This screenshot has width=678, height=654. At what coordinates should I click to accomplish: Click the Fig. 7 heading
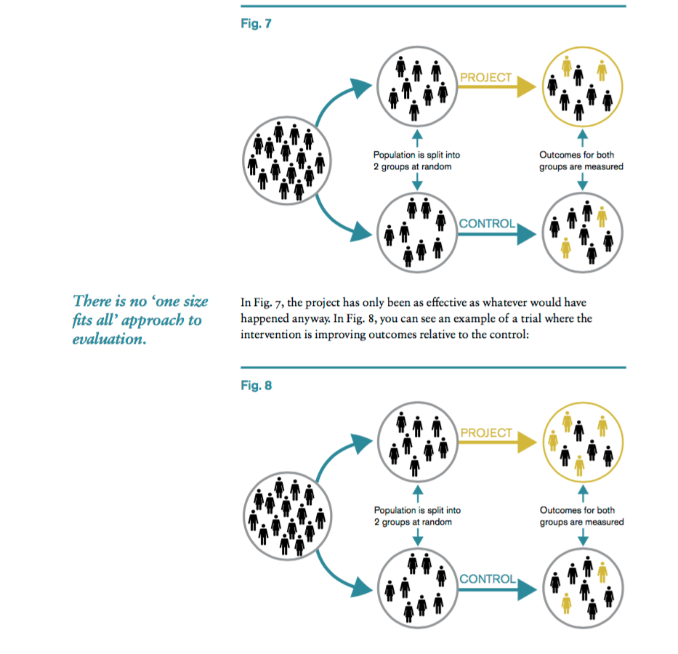point(256,23)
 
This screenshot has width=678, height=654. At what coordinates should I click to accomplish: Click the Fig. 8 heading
point(256,385)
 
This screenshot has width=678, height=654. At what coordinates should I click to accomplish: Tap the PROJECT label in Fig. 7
point(485,77)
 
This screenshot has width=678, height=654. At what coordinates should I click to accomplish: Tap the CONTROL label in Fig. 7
point(487,224)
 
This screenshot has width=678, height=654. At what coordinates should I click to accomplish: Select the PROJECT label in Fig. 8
point(486,432)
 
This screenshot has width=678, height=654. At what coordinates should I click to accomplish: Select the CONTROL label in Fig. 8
point(488,578)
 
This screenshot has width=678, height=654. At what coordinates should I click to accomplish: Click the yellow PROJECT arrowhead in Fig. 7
point(527,87)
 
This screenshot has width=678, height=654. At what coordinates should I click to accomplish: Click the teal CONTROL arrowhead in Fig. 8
point(527,589)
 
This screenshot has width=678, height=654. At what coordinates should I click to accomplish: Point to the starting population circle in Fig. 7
point(287,117)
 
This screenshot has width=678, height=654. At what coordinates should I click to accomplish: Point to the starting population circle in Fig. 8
point(288,472)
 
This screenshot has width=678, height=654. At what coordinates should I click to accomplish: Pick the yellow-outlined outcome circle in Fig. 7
point(582,47)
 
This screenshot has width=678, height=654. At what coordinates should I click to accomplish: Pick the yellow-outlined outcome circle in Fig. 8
point(583,403)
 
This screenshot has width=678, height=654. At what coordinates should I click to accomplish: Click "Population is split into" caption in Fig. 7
point(416,155)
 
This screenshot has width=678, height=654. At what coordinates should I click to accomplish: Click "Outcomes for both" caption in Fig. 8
point(577,510)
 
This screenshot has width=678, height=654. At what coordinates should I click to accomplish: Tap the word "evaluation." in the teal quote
point(110,339)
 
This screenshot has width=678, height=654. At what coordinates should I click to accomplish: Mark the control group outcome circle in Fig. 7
point(582,193)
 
